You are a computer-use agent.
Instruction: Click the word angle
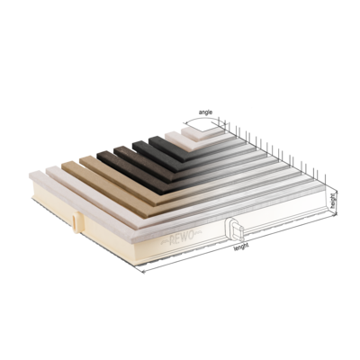click(x=205, y=112)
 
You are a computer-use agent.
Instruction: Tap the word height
click(x=333, y=201)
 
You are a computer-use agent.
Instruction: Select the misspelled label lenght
click(x=241, y=247)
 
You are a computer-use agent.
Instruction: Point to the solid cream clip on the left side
click(x=76, y=221)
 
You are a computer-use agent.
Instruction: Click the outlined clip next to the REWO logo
click(x=235, y=229)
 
